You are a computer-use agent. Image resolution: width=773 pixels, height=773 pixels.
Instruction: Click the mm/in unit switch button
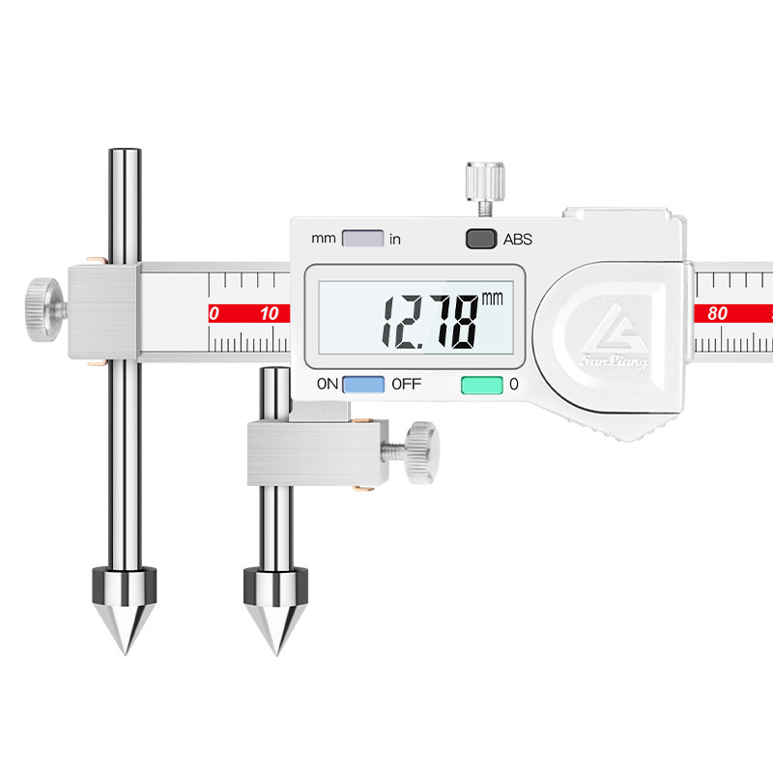(x=363, y=239)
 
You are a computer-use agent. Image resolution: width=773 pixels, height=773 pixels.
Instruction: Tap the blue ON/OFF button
(x=363, y=385)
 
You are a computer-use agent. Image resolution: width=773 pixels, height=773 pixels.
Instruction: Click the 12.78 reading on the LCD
(x=430, y=323)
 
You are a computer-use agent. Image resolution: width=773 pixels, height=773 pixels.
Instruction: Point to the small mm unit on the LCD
(x=492, y=299)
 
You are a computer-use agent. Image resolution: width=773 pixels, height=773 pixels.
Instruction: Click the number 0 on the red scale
(x=214, y=313)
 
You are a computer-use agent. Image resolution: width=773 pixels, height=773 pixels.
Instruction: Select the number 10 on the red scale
(x=270, y=313)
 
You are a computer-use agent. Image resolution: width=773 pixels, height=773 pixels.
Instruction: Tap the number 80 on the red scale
(x=717, y=313)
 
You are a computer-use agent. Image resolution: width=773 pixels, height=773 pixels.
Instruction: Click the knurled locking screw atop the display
(x=485, y=183)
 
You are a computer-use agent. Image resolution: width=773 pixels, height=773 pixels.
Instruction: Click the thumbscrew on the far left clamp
(x=44, y=309)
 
